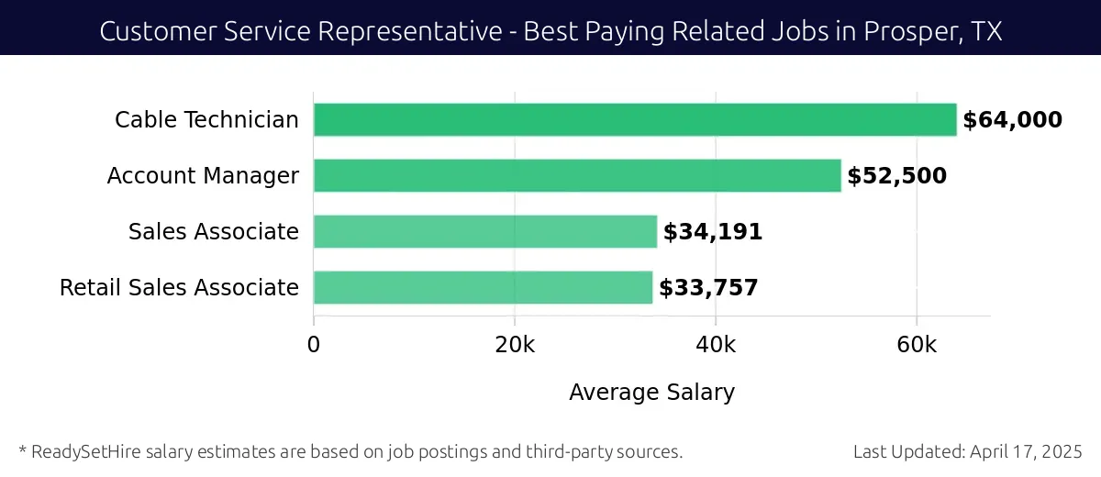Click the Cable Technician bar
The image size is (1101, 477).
click(x=635, y=120)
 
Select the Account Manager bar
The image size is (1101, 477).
click(x=577, y=176)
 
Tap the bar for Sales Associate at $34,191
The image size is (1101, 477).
click(x=485, y=232)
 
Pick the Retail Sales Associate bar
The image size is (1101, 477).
click(x=483, y=288)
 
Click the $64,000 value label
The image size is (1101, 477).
click(x=1012, y=120)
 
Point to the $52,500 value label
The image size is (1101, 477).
click(x=896, y=176)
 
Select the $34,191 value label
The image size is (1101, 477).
click(x=713, y=232)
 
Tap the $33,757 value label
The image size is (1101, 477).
click(x=708, y=288)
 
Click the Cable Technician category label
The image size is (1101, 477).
click(x=206, y=120)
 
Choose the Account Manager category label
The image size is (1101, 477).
click(x=203, y=176)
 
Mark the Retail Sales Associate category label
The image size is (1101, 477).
click(x=179, y=288)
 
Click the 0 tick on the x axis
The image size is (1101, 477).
click(x=314, y=345)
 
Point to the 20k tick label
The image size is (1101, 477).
click(x=515, y=345)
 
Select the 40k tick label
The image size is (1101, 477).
click(x=716, y=345)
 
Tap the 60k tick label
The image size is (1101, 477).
click(x=917, y=345)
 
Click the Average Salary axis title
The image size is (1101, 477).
click(x=651, y=393)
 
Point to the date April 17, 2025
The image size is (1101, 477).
click(x=1028, y=452)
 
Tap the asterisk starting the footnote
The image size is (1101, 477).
click(x=22, y=450)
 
